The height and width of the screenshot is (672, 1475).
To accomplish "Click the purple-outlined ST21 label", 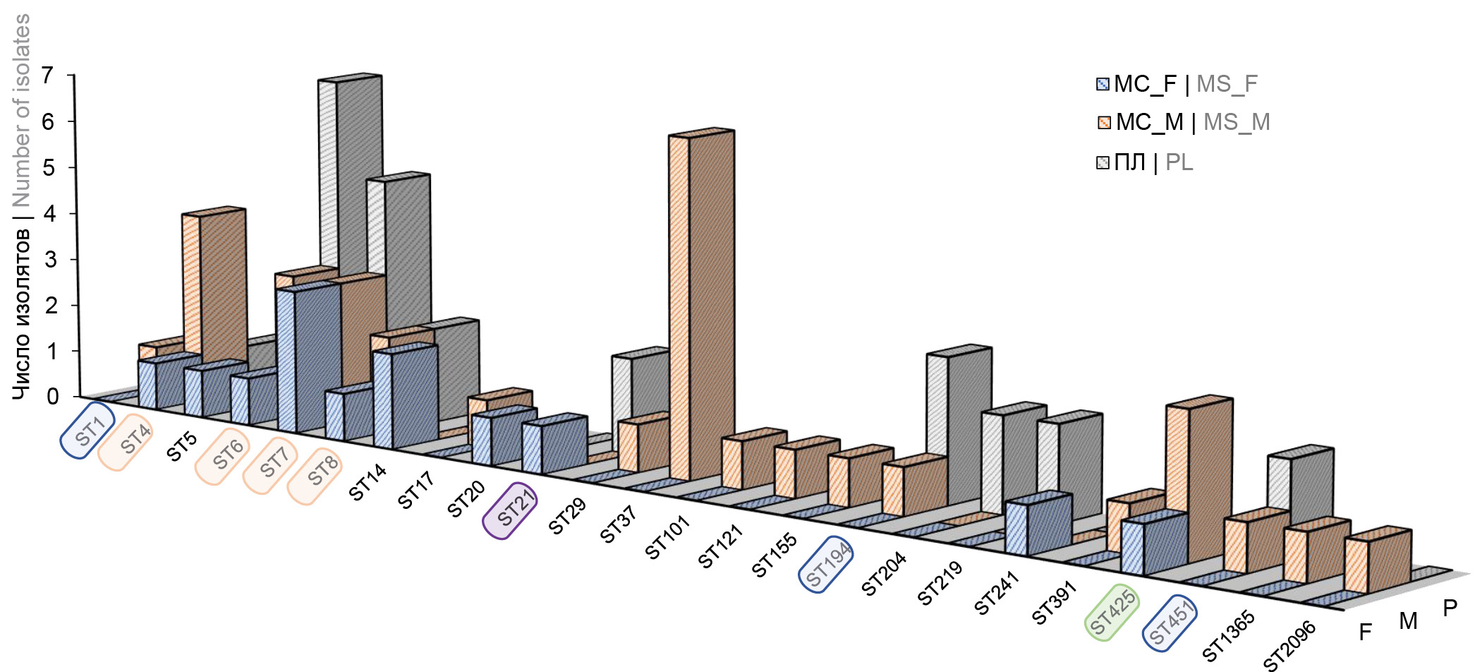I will pos(510,510).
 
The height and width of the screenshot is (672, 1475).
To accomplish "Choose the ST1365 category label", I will pos(1228,635).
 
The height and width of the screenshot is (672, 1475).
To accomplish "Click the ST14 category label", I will pos(368,482).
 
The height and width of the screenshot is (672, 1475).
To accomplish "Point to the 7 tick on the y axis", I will pos(47,76).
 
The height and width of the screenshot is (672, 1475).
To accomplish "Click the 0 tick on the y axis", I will pos(52,397).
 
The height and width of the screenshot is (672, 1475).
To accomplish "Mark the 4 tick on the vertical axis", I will pos(49,213).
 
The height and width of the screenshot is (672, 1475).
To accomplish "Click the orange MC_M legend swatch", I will pos(1104,123).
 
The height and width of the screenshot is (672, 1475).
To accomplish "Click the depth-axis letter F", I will pos(1365,632).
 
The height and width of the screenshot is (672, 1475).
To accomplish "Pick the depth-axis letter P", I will pos(1450,608).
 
